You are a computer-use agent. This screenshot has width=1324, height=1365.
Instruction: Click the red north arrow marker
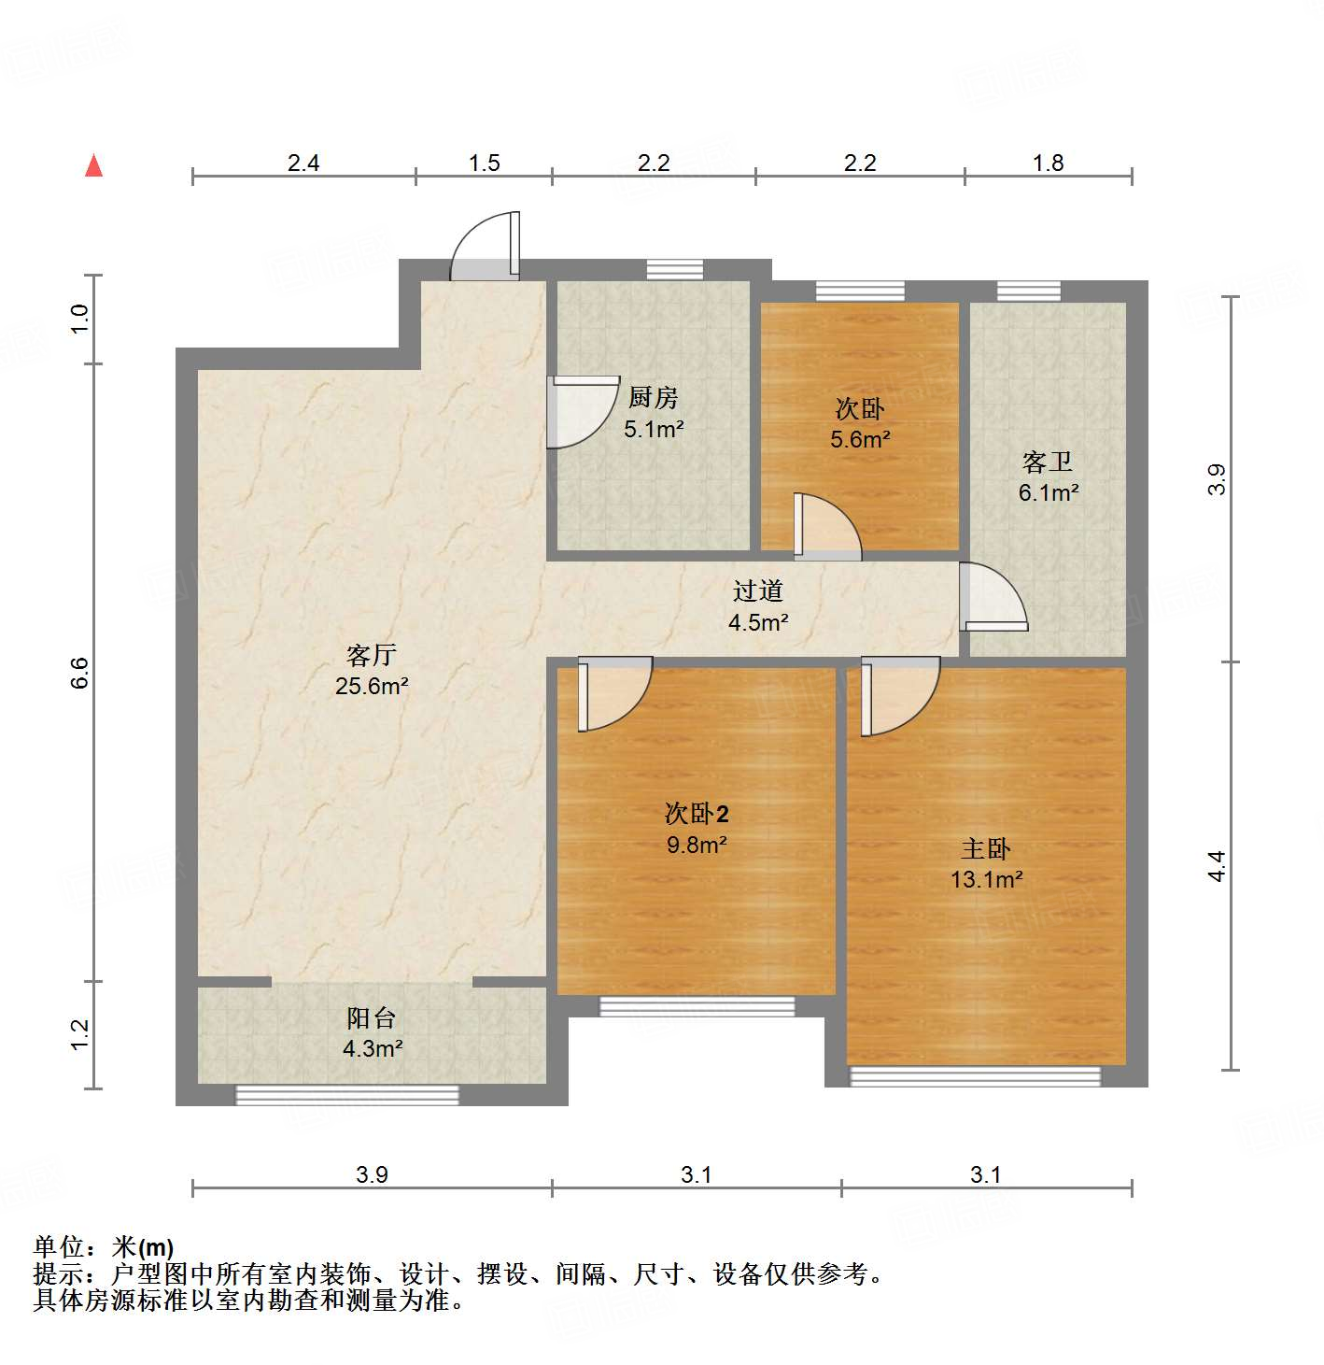tap(93, 165)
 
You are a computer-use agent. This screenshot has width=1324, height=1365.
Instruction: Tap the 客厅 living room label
tap(372, 655)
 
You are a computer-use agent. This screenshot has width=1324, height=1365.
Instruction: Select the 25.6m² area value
tap(372, 687)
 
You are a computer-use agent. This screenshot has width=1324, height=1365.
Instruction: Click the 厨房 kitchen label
tap(653, 398)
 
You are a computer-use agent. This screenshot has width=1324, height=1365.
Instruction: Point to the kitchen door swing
tap(581, 412)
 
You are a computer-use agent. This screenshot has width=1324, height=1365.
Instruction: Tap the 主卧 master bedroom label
tap(986, 848)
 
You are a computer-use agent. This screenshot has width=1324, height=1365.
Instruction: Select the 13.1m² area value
tap(986, 879)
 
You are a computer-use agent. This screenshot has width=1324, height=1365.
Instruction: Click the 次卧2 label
tap(697, 813)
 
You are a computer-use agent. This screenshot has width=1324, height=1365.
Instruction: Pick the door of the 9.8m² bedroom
tap(612, 693)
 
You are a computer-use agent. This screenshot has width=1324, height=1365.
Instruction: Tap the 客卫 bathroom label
tap(1048, 462)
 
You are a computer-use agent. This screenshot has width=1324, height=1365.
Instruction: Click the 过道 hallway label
tap(757, 590)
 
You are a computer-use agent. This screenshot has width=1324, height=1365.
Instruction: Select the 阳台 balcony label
tap(372, 1017)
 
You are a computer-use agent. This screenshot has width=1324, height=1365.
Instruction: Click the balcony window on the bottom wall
tap(346, 1094)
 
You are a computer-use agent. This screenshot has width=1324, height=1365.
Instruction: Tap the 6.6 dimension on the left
tap(80, 673)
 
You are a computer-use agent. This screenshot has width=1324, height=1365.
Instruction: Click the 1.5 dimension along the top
tap(484, 164)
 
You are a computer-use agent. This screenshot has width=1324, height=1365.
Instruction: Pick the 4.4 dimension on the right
tap(1216, 866)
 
